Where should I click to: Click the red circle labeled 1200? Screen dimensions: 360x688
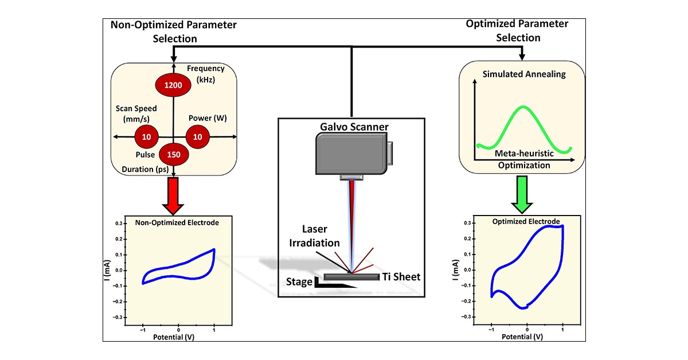(x=173, y=85)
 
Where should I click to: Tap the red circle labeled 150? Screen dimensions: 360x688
(x=173, y=155)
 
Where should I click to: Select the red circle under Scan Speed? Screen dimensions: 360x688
(x=146, y=137)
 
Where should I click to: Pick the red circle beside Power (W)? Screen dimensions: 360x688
(x=198, y=137)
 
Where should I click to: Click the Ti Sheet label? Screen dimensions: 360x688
(x=401, y=277)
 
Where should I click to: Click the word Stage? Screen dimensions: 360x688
(x=299, y=281)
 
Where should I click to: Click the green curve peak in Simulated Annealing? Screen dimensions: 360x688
(x=523, y=107)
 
